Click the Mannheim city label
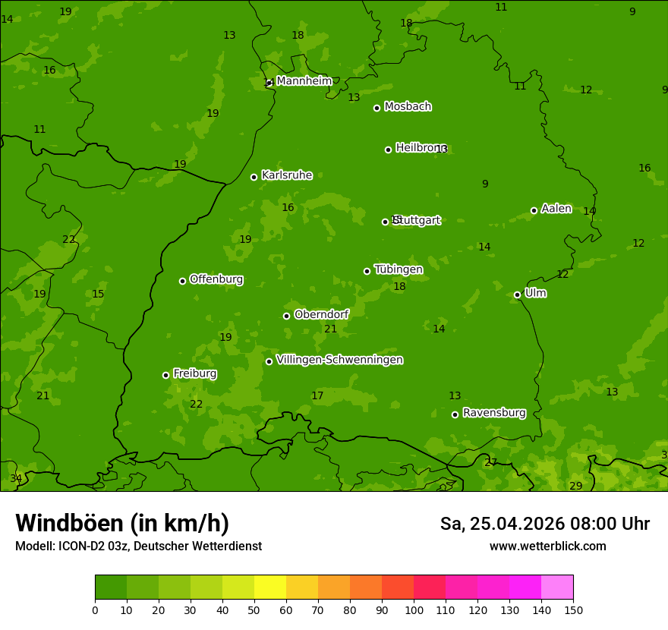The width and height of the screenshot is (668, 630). [304, 81]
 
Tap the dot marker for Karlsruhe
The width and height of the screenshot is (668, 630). [254, 177]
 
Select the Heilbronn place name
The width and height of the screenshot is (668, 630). [421, 148]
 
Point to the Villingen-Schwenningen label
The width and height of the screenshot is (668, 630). [339, 360]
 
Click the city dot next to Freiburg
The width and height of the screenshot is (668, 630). [165, 375]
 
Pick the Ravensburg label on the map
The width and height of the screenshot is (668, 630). [493, 413]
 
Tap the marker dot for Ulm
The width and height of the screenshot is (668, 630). [517, 295]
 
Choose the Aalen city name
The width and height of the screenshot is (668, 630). [556, 209]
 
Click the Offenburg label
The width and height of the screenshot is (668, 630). [216, 279]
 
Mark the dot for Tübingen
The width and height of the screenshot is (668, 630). [367, 271]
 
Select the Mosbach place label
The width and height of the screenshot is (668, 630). [408, 107]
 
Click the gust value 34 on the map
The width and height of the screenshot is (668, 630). [16, 478]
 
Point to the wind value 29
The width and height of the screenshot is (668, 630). [575, 486]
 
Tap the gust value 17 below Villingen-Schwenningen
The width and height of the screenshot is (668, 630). [317, 395]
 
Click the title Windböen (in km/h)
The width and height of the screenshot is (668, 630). [122, 523]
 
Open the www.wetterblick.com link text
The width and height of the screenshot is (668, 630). [547, 546]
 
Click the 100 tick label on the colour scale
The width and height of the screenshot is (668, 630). [414, 610]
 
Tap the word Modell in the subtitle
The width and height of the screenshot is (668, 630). [33, 546]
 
